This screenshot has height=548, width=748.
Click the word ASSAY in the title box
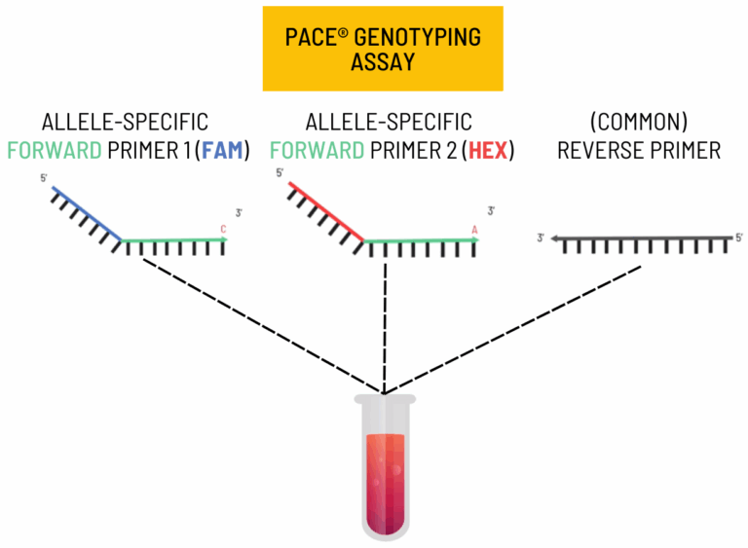[382, 62]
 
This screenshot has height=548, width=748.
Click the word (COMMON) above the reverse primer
[638, 123]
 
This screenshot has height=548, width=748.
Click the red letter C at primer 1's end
[224, 230]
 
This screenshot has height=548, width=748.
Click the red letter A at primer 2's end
[474, 230]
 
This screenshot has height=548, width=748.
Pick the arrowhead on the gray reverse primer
[552, 237]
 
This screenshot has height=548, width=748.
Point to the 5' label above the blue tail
[43, 178]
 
